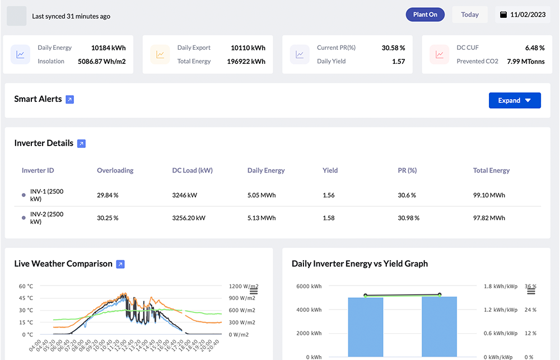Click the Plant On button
[x=425, y=15]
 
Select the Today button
[x=469, y=15]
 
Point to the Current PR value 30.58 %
[x=393, y=48]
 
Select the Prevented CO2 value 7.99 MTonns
[x=525, y=61]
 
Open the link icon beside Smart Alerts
[x=69, y=100]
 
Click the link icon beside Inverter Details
[x=81, y=144]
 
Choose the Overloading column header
[x=115, y=170]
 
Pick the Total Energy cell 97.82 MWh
[x=489, y=218]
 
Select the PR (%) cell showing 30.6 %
[x=407, y=195]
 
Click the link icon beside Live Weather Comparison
[x=120, y=264]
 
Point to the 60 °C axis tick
[x=26, y=286]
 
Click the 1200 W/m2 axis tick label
[x=243, y=286]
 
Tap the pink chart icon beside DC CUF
[x=440, y=54]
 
